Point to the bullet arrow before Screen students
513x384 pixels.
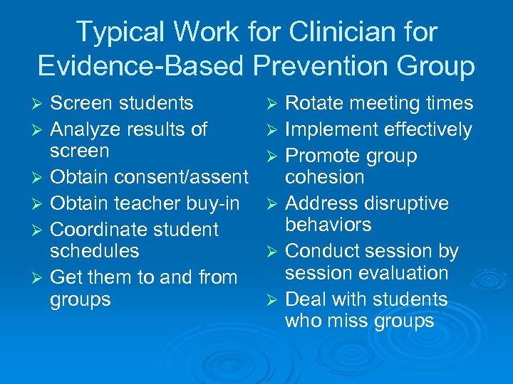[39, 104]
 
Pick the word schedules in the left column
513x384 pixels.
[94, 251]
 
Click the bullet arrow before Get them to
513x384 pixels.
[39, 278]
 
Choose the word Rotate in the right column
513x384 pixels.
[311, 103]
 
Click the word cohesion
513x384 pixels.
[324, 177]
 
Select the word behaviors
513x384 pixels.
[328, 225]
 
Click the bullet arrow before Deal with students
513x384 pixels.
[274, 300]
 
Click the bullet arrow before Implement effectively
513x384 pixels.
[274, 130]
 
